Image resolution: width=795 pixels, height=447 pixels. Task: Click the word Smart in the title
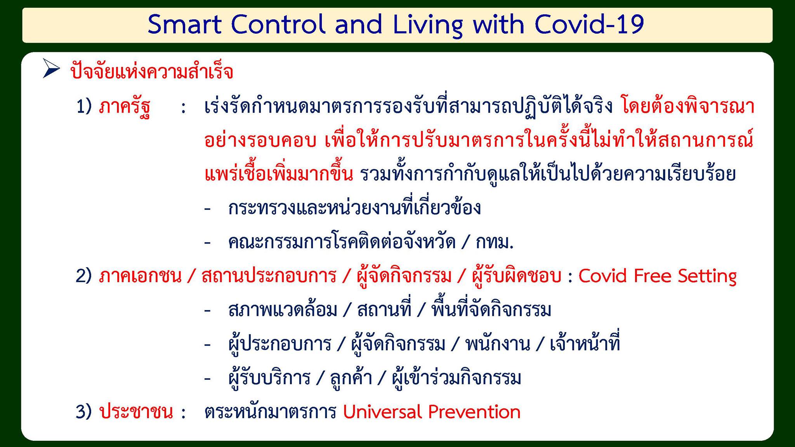[x=184, y=24]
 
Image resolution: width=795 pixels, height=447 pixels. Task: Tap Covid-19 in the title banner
[x=589, y=24]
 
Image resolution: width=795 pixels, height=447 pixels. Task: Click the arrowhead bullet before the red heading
[x=51, y=69]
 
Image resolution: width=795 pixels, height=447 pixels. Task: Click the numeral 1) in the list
[x=84, y=106]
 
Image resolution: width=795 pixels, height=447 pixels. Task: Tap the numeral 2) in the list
[x=84, y=276]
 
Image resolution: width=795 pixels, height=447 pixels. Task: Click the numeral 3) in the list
[x=84, y=412]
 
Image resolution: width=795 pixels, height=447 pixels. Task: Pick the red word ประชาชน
[x=136, y=412]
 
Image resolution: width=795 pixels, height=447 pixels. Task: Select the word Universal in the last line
[x=382, y=412]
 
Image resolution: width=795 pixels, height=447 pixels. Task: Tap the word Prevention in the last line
[x=474, y=412]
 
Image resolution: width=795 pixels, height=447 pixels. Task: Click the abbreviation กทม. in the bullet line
[x=495, y=242]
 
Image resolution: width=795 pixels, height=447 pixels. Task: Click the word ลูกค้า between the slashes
[x=351, y=377]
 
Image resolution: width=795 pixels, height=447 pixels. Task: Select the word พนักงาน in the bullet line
[x=498, y=344]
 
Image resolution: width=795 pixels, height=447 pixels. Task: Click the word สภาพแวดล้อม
[x=283, y=310]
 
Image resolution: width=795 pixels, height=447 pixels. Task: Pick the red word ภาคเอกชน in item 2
[x=140, y=276]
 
